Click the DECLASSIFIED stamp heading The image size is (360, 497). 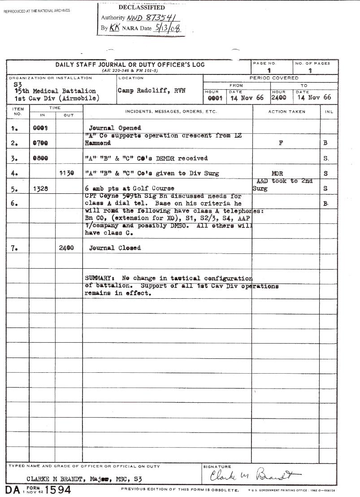pos(141,8)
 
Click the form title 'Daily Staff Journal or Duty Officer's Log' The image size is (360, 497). pos(130,65)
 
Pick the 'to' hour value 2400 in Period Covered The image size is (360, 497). pos(277,97)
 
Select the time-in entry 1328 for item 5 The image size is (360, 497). pos(41,188)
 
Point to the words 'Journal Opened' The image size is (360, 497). pos(115,128)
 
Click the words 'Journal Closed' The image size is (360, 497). pos(115,248)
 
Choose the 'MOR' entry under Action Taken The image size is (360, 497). pos(277,173)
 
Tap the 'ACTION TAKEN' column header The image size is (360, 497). pos(286,112)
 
